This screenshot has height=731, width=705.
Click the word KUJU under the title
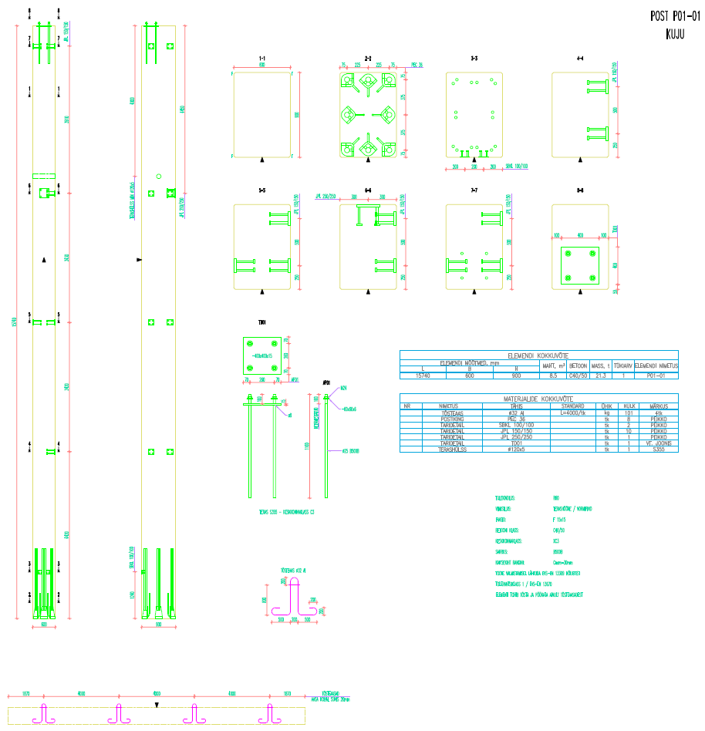[x=676, y=34]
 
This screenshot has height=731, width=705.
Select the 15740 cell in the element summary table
[x=423, y=376]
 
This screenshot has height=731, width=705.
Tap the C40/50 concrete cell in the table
[x=578, y=376]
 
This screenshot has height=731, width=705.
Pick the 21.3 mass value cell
[x=601, y=376]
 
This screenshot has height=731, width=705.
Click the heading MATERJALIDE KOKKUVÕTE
[x=538, y=399]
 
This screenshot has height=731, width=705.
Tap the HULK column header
[x=629, y=406]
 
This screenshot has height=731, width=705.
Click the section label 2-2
[x=368, y=59]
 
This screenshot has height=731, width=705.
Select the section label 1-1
[x=262, y=59]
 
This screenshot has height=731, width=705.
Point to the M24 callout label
[x=343, y=387]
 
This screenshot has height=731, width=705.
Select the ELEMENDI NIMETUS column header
[x=656, y=366]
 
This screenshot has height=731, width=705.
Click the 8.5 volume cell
[x=553, y=376]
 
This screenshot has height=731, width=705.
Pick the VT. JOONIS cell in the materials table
[x=658, y=443]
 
